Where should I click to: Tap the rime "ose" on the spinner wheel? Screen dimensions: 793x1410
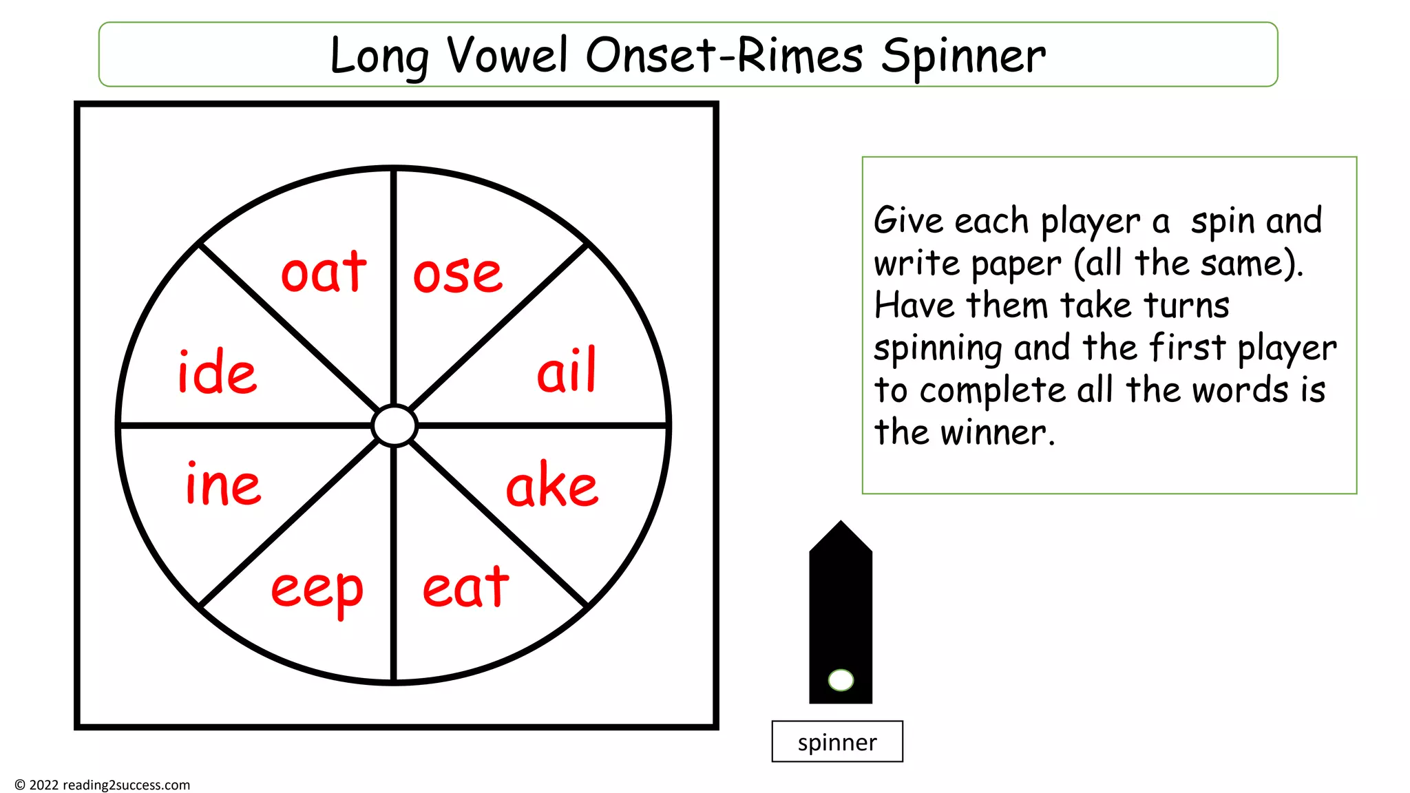(458, 274)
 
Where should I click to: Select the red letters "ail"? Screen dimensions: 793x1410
(567, 371)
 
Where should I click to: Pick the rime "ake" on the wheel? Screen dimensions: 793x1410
(552, 485)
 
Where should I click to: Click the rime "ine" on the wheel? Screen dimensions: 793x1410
(224, 485)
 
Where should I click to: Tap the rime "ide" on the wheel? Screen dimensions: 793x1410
(218, 372)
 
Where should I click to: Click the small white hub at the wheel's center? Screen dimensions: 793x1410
(394, 425)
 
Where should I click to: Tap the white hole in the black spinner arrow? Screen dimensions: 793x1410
(841, 680)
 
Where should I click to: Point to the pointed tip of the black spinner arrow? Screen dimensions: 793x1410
(841, 524)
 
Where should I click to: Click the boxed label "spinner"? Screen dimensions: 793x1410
(837, 742)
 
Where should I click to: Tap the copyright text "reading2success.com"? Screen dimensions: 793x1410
(126, 785)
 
